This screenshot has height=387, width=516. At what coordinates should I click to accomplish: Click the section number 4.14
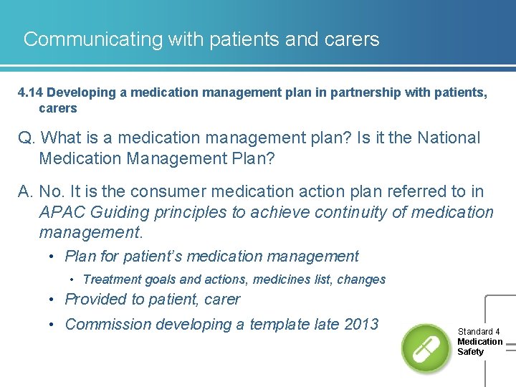pyautogui.click(x=32, y=92)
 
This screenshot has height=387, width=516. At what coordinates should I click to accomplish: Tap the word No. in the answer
pyautogui.click(x=53, y=192)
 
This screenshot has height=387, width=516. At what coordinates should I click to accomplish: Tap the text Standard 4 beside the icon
pyautogui.click(x=479, y=332)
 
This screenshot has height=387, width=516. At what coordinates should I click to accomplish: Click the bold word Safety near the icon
pyautogui.click(x=470, y=352)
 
